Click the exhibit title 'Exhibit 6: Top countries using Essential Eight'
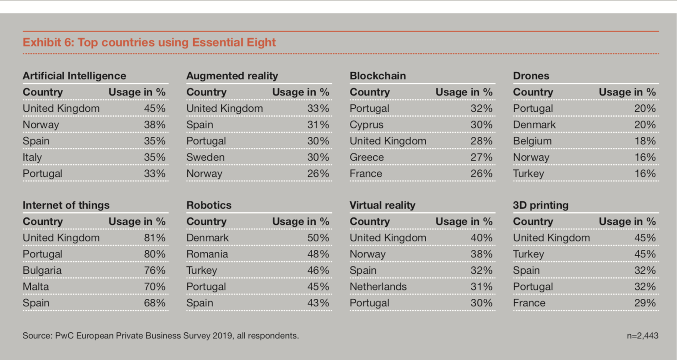[x=149, y=42]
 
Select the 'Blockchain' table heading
[x=378, y=76]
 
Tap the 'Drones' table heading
[x=531, y=76]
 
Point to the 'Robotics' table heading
[x=209, y=205]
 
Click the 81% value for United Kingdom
[x=155, y=238]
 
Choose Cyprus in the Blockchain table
[x=366, y=125]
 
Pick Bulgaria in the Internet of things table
[x=42, y=270]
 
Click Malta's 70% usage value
[x=155, y=287]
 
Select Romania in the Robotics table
[x=207, y=254]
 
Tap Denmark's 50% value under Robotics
[x=318, y=238]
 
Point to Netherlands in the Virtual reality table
[x=378, y=287]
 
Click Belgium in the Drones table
[x=532, y=141]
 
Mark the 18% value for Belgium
[x=645, y=141]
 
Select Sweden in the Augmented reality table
[x=206, y=157]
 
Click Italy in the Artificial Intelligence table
[x=32, y=157]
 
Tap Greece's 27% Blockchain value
[x=482, y=157]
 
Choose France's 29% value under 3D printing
[x=645, y=303]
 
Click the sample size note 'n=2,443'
[x=643, y=336]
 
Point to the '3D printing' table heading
[x=541, y=205]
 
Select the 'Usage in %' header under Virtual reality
[x=464, y=221]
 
